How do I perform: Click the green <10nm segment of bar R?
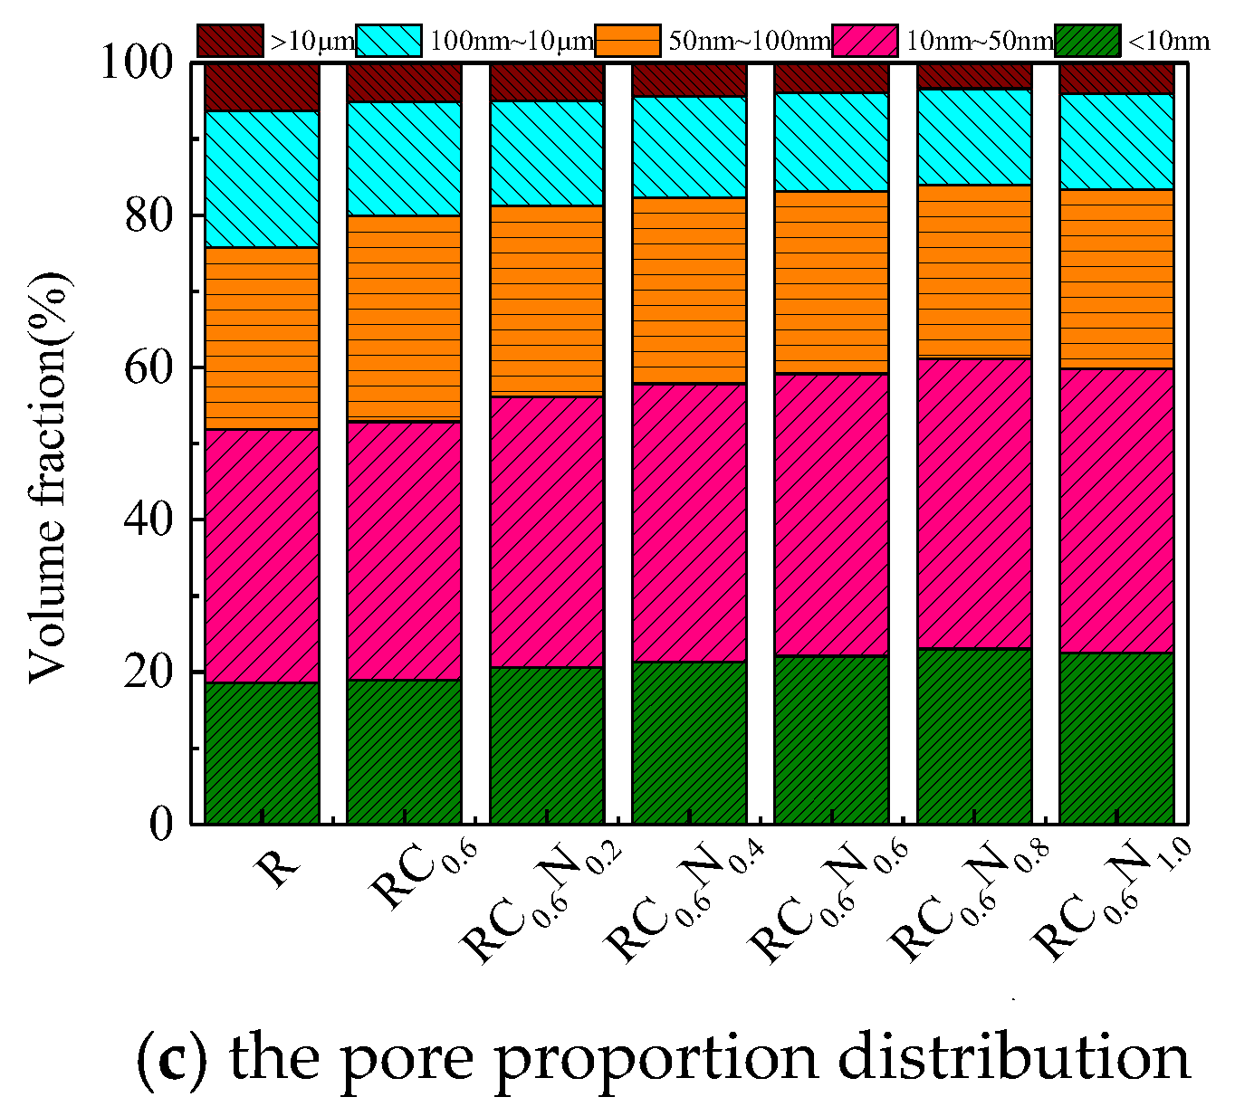(262, 752)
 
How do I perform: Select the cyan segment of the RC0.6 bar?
(404, 158)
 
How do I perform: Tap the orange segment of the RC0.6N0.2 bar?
(547, 300)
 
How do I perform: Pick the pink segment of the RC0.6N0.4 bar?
(689, 522)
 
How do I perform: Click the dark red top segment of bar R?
(262, 87)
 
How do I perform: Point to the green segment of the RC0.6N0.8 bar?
(974, 736)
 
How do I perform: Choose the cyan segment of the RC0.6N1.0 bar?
(1116, 141)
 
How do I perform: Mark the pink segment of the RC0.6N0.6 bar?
(831, 514)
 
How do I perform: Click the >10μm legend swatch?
(230, 41)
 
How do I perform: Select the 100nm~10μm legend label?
(512, 41)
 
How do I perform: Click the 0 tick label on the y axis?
(162, 824)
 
